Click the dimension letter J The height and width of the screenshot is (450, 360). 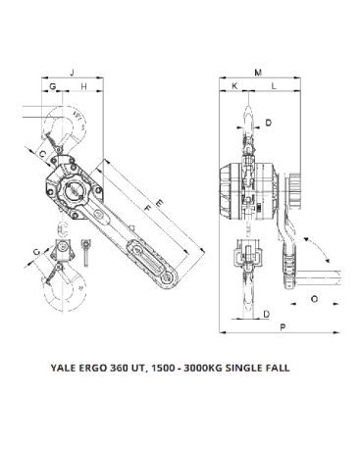73,73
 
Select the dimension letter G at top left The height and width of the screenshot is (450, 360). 52,86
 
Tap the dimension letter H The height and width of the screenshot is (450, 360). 84,86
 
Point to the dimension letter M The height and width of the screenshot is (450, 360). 258,73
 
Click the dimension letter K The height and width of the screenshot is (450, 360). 234,86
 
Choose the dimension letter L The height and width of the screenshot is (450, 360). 274,86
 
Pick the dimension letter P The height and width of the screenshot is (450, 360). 283,326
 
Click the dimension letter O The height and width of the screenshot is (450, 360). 314,299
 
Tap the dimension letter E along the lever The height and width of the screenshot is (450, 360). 160,203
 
